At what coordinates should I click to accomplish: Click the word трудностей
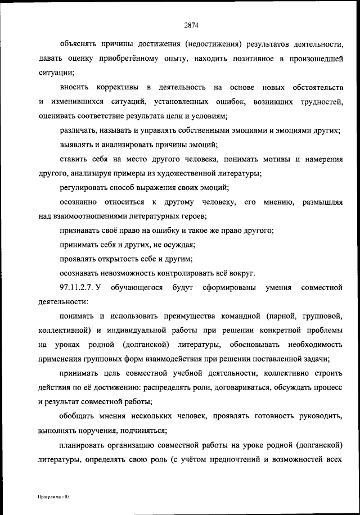[320, 102]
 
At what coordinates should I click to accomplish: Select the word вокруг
[242, 274]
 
